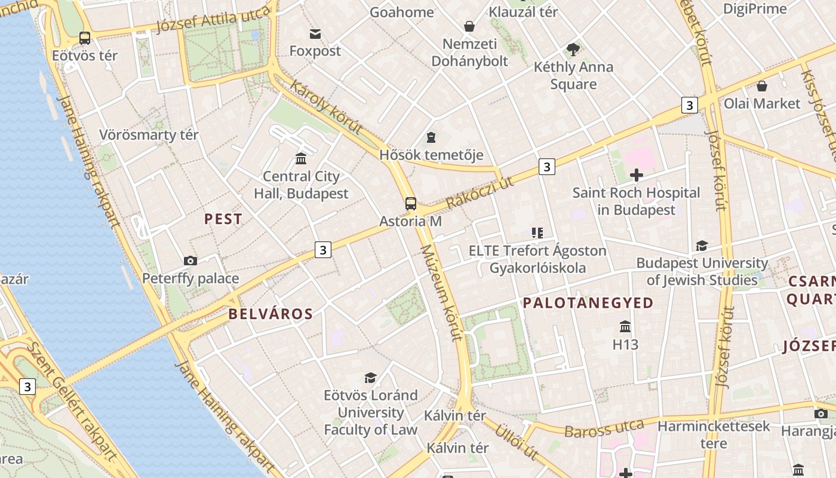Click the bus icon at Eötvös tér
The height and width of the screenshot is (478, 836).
[x=85, y=38]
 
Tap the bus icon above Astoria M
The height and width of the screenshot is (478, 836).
[x=411, y=203]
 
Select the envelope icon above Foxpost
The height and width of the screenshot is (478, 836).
[x=315, y=33]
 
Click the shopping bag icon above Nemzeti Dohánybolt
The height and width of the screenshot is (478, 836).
[x=469, y=26]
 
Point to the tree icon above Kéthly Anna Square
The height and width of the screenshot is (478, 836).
[x=573, y=49]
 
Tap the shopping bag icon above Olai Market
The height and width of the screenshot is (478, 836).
[x=761, y=86]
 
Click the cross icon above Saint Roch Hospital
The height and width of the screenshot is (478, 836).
[x=637, y=175]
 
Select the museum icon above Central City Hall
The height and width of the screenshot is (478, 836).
[x=301, y=159]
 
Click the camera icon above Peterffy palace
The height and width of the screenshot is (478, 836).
[x=190, y=261]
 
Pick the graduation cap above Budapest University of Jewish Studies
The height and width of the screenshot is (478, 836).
[x=702, y=246]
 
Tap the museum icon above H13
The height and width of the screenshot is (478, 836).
[x=625, y=327]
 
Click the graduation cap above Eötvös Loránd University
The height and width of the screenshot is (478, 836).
[x=370, y=378]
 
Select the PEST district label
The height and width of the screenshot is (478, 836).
[x=223, y=219]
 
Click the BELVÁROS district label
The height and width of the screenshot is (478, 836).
[x=271, y=314]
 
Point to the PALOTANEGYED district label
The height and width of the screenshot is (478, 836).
[x=588, y=303]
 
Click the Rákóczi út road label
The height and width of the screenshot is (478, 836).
[x=480, y=192]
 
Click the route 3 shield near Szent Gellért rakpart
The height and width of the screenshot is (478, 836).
[x=27, y=387]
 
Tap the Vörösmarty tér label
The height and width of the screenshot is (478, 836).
[x=149, y=135]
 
